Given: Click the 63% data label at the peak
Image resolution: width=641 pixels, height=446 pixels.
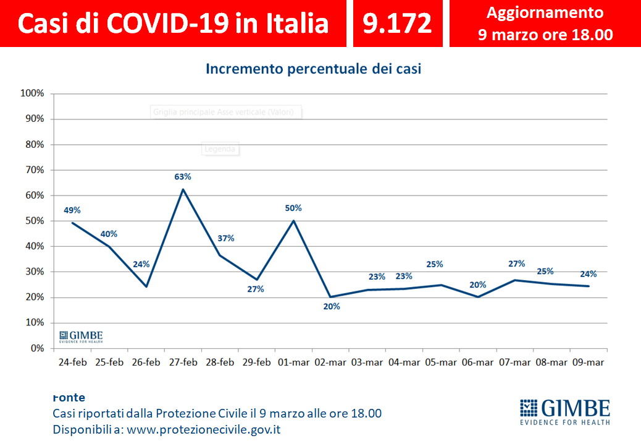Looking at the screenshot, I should coord(183,177).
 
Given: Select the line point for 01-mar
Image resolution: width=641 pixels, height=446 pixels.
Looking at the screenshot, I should coord(294,221).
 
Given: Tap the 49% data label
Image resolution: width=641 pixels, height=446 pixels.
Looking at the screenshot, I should coord(73,210).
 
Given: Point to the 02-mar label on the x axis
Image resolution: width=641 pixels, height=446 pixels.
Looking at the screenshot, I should coord(331,363).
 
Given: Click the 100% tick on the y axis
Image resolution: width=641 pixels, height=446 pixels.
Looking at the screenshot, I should coord(32,93).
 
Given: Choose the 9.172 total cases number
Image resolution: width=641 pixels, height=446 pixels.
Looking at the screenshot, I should coord(397,23).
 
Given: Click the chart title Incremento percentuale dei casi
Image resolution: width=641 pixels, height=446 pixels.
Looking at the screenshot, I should coord(313,69).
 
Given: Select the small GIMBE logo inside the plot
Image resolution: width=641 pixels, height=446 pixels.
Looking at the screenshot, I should coord(81,337).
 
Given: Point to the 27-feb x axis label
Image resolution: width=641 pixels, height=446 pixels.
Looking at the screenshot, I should coord(183,363).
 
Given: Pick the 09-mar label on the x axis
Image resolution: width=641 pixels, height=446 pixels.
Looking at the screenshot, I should coord(589,363).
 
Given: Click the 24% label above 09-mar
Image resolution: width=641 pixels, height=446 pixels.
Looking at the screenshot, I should coord(588,275).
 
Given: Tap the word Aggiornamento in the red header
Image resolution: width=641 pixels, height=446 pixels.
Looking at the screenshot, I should coord(545,12).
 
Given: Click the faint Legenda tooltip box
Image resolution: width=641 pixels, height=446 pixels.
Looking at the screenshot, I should coord(220,148).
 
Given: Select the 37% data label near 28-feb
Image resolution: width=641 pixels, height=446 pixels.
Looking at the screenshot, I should coord(225,239).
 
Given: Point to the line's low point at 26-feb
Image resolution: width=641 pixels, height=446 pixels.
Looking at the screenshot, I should coord(146,286).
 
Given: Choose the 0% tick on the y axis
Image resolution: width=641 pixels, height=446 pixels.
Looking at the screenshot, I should coord(37,348).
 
